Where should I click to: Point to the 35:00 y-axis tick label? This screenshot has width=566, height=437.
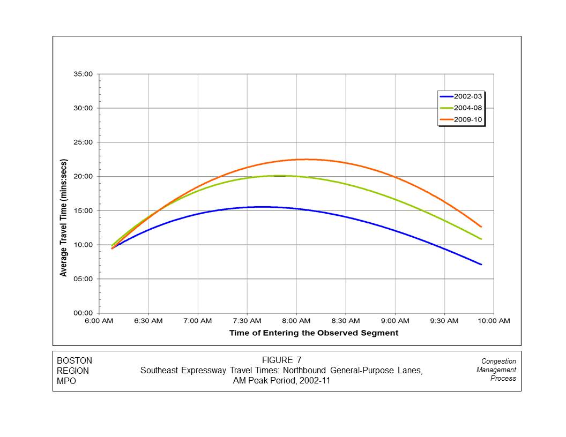[x=83, y=74]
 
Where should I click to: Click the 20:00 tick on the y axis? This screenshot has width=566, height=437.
[x=83, y=177]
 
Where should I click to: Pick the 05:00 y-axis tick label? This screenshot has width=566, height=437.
[x=83, y=279]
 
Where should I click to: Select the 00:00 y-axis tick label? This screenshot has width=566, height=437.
[x=83, y=313]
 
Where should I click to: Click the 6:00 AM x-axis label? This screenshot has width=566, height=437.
[x=99, y=321]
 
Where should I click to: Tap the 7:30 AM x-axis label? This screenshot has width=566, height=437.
[x=247, y=321]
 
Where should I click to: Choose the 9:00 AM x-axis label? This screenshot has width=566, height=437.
[x=395, y=321]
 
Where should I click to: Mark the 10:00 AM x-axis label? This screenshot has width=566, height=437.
[x=494, y=321]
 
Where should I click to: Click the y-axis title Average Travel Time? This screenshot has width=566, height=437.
[x=64, y=217]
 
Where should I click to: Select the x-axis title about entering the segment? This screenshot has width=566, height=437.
[x=314, y=333]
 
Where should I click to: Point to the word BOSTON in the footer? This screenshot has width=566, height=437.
[x=75, y=361]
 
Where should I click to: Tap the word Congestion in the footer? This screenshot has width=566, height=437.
[x=498, y=361]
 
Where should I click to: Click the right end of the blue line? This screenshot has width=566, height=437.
[x=481, y=264]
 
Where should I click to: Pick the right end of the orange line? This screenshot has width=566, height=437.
[x=481, y=227]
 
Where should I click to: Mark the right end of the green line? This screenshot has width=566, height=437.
[x=481, y=239]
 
